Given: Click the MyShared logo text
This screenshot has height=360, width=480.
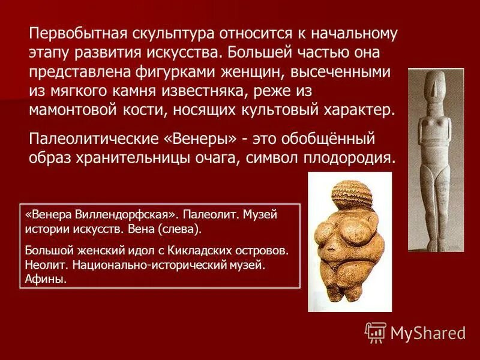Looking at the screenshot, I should coord(428,332).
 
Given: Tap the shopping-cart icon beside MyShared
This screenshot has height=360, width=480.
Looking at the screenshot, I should coord(376,332).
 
